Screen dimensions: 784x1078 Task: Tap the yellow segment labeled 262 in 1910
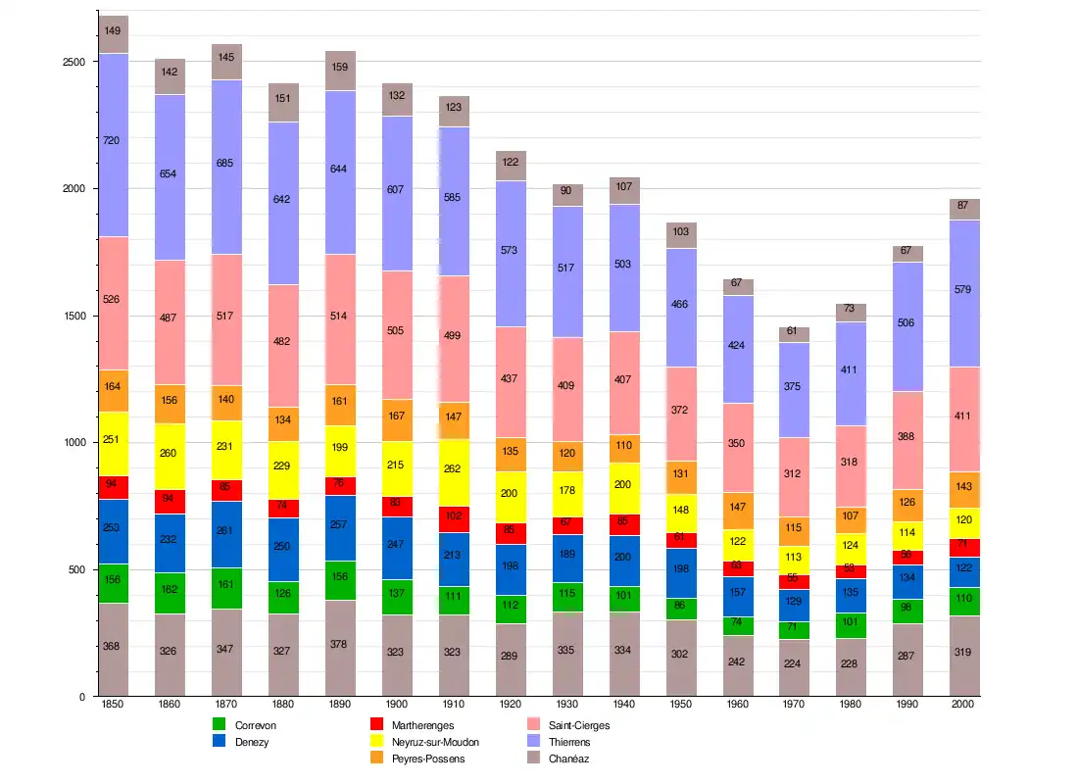pos(454,468)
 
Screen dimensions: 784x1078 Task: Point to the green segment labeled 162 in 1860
pos(170,593)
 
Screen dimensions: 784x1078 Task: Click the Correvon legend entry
pos(256,725)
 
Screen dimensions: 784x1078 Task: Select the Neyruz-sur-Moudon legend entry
pos(435,742)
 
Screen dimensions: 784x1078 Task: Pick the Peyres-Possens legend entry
pos(428,759)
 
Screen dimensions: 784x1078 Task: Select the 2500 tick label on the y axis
pos(73,62)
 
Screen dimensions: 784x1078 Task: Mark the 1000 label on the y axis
pos(73,443)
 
